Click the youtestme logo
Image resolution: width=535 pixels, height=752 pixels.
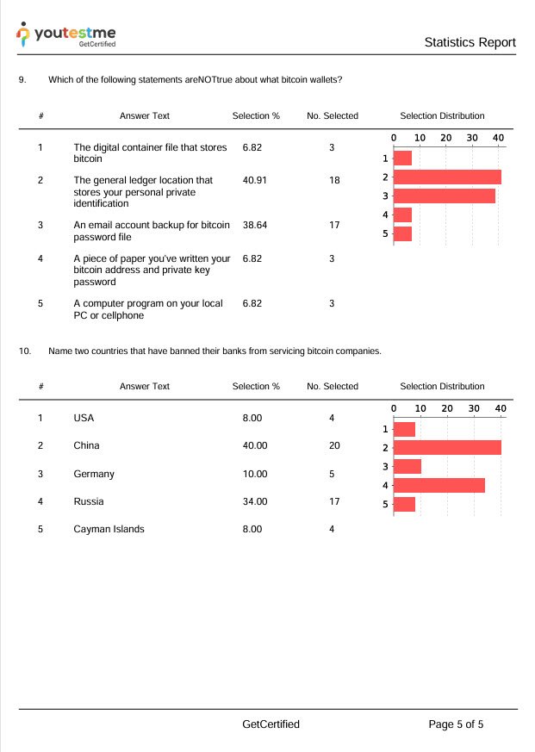(x=66, y=34)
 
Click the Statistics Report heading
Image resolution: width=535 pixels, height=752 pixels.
(x=470, y=42)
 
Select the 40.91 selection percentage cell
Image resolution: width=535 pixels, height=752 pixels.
(x=256, y=180)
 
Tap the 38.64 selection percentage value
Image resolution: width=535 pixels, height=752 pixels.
(x=256, y=225)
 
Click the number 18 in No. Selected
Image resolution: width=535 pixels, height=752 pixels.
(x=332, y=180)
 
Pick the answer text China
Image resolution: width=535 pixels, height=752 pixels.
(x=86, y=445)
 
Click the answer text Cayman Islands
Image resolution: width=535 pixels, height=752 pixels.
(x=109, y=529)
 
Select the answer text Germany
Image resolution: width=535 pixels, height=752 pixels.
(x=94, y=474)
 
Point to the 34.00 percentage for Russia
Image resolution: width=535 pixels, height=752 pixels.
(x=255, y=501)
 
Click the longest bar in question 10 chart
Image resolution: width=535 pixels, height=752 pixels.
(x=447, y=448)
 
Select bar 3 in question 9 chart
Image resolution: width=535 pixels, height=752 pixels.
(x=445, y=196)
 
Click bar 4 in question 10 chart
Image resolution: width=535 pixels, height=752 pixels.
(x=439, y=485)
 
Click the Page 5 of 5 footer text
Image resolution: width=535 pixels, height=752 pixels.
(x=456, y=724)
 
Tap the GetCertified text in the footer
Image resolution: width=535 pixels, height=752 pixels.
(x=271, y=724)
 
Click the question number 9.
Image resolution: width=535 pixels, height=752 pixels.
(x=22, y=80)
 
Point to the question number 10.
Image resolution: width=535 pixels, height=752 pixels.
(x=25, y=351)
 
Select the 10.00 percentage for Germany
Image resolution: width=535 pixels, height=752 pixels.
(x=255, y=474)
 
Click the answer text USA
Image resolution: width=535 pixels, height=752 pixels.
(x=84, y=418)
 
